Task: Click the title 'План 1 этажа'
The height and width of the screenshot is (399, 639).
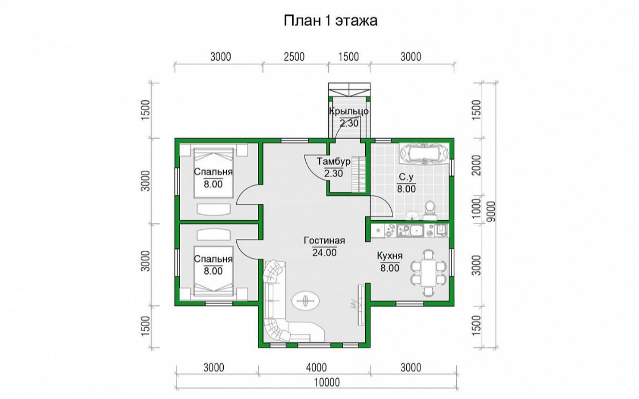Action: pos(330,21)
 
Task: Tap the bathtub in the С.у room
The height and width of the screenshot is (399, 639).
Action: pos(424,154)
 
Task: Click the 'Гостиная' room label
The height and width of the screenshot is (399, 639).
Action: pos(324,241)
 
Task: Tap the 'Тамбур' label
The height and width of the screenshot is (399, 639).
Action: pos(334,162)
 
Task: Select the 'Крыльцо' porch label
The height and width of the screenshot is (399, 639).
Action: pos(349,111)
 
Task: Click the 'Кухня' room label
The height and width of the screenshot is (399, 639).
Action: pos(390,256)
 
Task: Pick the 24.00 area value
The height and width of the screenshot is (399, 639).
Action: pos(324,253)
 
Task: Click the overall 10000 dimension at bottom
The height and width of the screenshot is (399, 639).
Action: pos(327,383)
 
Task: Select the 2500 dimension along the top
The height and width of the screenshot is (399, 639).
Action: pos(294,57)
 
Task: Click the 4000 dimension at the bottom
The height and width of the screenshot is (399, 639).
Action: pos(316,367)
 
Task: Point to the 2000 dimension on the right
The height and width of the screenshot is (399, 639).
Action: pos(476,165)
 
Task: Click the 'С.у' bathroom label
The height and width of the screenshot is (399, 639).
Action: pos(406,177)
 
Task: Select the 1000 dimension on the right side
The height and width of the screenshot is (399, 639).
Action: pos(476,209)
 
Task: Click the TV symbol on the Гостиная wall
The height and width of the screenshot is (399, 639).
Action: pos(361,304)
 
